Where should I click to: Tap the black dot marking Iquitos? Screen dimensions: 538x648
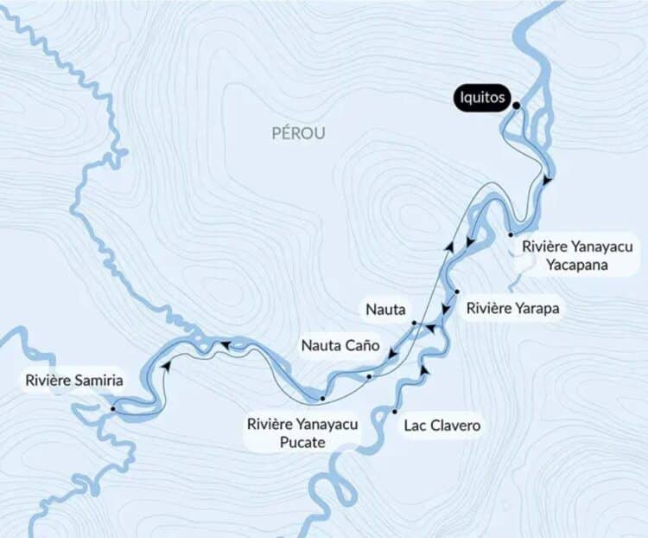click(x=516, y=106)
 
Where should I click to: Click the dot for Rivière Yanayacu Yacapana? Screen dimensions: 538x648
click(x=511, y=234)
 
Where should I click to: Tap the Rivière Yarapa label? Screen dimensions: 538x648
click(x=510, y=307)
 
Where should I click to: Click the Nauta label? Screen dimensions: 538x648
click(x=383, y=309)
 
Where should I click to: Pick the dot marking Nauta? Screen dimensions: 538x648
click(x=415, y=323)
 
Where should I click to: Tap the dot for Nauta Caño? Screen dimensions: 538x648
click(x=369, y=376)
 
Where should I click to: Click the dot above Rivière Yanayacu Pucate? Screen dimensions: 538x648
click(x=321, y=399)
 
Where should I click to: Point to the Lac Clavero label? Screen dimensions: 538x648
click(x=442, y=426)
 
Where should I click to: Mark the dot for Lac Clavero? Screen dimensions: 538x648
click(x=395, y=411)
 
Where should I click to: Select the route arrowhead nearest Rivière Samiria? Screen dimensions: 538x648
click(x=164, y=366)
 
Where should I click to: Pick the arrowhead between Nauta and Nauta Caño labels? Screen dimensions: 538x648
click(x=391, y=355)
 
